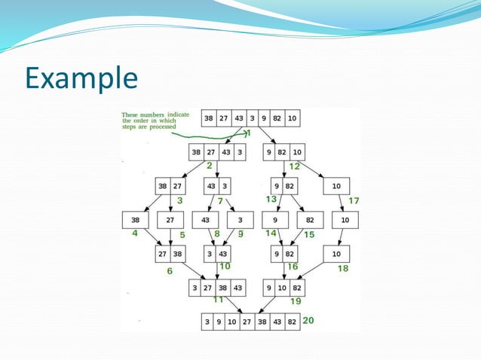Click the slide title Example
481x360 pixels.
[81, 78]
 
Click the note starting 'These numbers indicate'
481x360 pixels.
[155, 120]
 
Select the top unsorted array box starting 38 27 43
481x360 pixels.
[251, 118]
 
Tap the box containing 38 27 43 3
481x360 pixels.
[217, 152]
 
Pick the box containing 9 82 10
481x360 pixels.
[283, 152]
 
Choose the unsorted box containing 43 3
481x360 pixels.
[217, 185]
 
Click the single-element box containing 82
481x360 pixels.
[309, 220]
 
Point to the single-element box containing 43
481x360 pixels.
[205, 220]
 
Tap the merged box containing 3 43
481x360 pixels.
[217, 254]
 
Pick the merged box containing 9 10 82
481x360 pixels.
[283, 288]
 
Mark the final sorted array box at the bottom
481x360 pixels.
[250, 322]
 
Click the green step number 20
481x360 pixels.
[308, 321]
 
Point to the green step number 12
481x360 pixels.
[294, 166]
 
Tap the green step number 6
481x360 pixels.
[170, 270]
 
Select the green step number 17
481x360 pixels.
[354, 200]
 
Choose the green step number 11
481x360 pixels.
[218, 299]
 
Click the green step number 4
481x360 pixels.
[135, 233]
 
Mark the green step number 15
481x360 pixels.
[309, 234]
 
